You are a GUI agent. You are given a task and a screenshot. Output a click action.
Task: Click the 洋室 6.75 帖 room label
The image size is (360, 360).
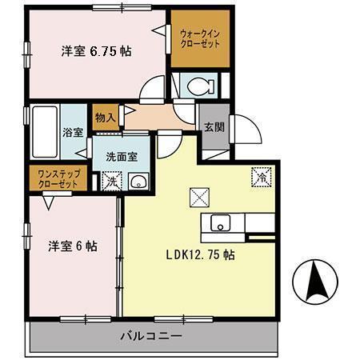[97, 50]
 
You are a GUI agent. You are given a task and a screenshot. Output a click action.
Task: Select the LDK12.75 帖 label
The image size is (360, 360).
[200, 255]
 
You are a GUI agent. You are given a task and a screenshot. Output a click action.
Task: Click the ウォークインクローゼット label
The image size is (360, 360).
[201, 38]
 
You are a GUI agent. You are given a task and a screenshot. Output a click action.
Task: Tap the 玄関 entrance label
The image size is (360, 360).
[213, 126]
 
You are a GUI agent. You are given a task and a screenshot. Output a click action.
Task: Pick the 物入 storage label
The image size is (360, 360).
[106, 118]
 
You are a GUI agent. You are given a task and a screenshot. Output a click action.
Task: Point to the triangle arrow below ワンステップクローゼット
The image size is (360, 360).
[50, 202]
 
